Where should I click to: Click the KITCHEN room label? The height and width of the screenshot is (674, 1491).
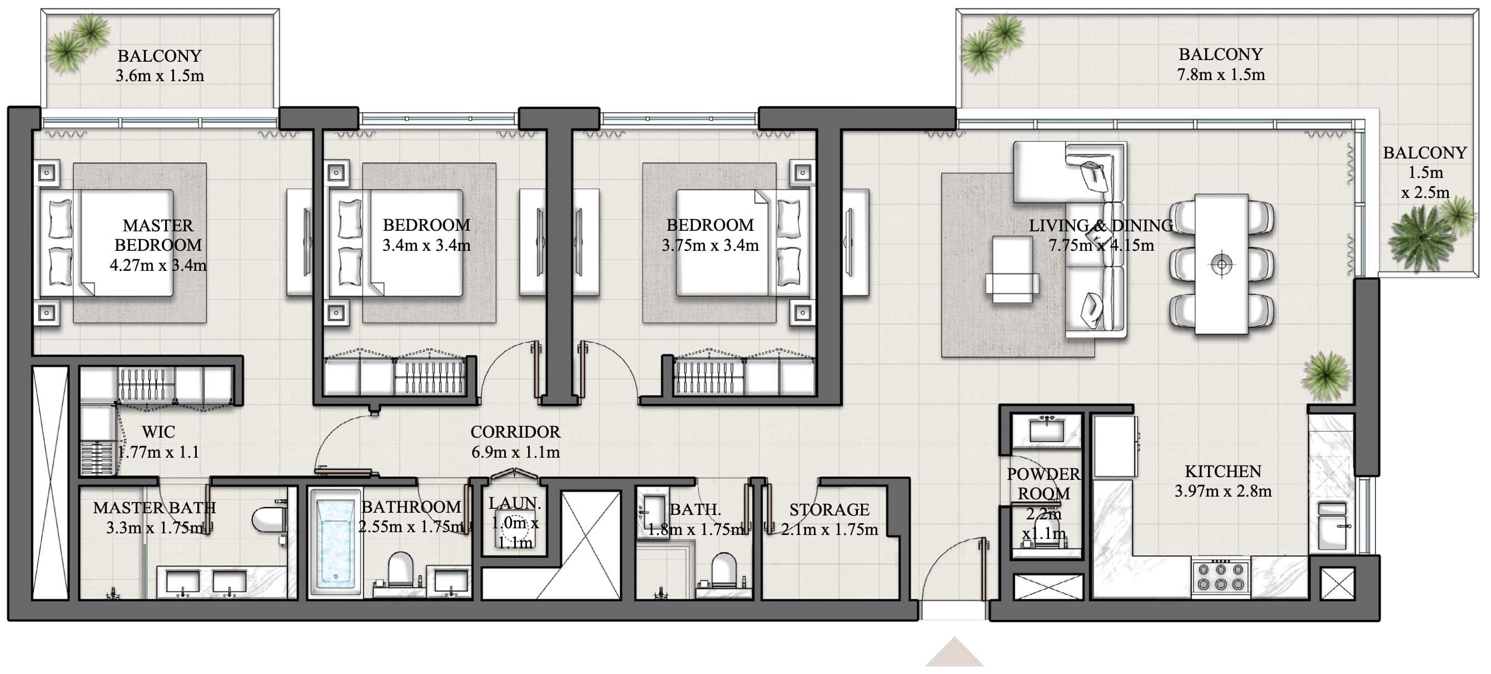(1222, 472)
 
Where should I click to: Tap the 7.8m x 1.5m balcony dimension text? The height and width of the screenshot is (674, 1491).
(1220, 75)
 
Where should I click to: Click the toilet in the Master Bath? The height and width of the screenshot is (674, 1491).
(268, 519)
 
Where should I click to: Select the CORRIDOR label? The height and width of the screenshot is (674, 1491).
(515, 432)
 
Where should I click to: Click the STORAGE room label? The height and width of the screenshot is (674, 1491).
(829, 509)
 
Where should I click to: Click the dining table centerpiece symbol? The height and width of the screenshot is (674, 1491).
(1221, 265)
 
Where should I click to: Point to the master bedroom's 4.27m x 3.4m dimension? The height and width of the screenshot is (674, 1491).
(158, 265)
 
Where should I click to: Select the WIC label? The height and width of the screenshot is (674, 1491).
(158, 432)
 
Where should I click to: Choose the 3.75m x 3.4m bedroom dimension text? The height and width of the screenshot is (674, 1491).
(709, 245)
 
